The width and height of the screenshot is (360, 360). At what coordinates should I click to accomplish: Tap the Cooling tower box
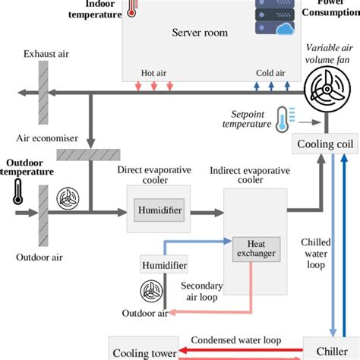point(141,352)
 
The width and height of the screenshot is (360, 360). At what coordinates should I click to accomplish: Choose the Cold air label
point(269,73)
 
